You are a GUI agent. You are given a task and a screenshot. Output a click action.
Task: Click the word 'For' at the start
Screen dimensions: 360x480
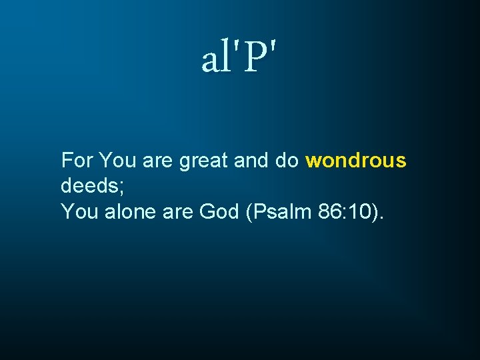tap(77, 161)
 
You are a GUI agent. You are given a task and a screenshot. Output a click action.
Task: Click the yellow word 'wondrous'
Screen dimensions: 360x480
tap(356, 161)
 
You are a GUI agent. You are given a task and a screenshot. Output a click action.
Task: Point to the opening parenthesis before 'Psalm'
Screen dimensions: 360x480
tap(249, 213)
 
